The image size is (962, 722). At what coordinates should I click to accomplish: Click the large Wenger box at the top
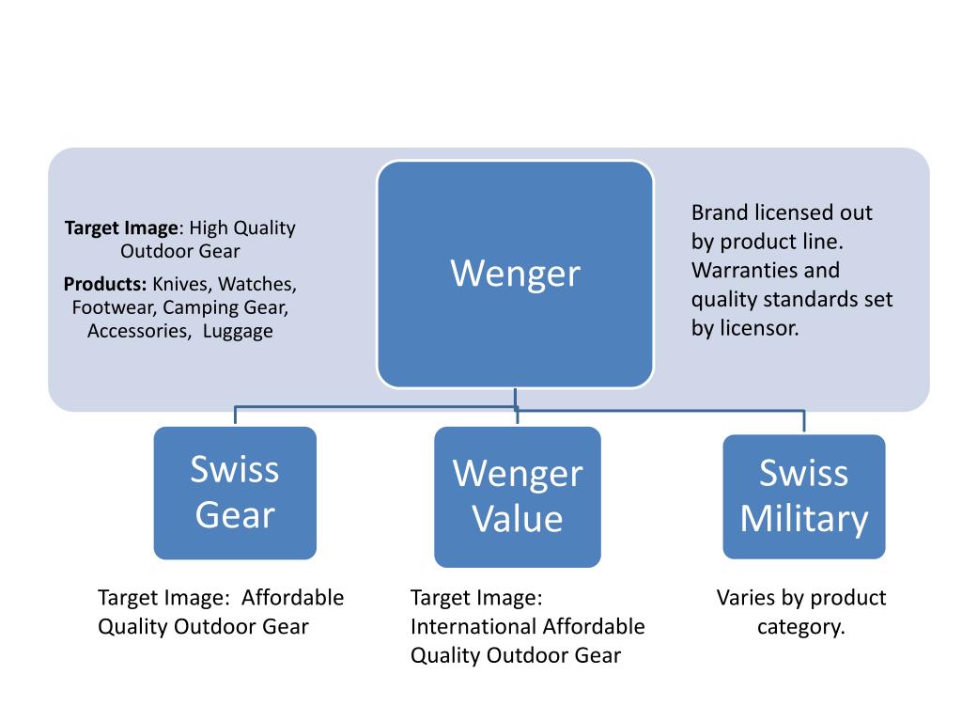click(515, 274)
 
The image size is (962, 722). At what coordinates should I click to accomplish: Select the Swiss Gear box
click(235, 493)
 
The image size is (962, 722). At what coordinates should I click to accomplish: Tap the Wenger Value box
click(517, 496)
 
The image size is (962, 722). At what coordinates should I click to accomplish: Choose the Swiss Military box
click(803, 496)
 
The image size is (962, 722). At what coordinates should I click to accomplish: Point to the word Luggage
click(238, 331)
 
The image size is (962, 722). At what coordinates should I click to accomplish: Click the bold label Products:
click(105, 284)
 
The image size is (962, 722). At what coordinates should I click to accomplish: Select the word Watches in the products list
click(258, 284)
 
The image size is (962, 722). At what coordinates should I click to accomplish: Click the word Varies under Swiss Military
click(747, 598)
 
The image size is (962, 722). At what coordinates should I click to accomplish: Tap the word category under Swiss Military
click(801, 626)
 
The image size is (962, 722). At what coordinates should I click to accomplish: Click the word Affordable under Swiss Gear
click(293, 598)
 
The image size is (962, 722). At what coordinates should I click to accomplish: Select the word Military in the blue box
click(803, 519)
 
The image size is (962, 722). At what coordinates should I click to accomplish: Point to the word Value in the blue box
click(517, 519)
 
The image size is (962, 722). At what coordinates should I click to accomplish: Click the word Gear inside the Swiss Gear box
click(235, 514)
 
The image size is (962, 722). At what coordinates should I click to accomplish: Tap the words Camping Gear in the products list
click(225, 307)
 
